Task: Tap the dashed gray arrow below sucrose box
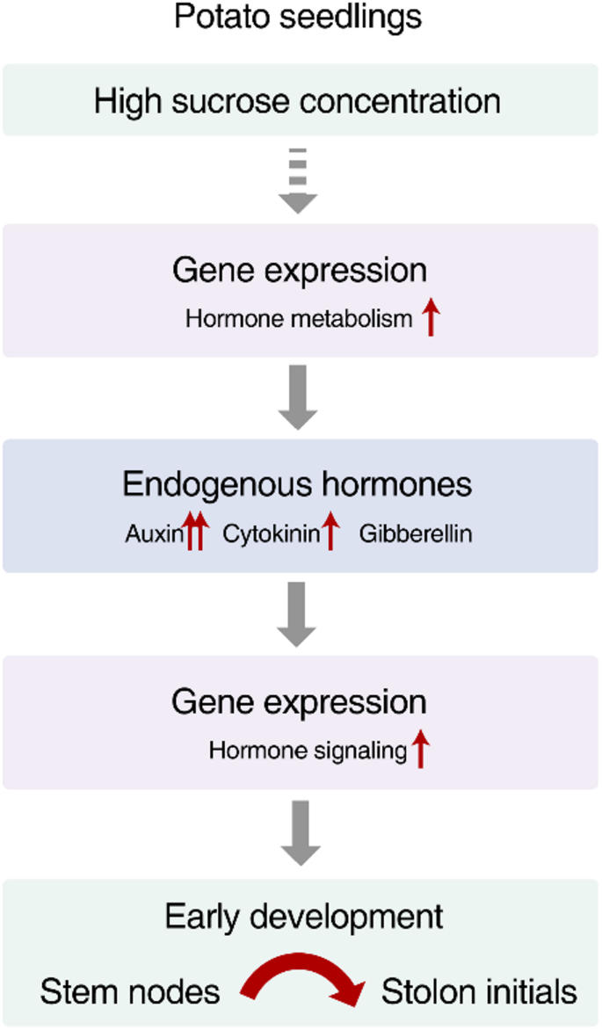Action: pos(298,181)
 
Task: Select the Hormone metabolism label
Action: pos(298,319)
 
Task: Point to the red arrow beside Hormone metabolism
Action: pos(430,316)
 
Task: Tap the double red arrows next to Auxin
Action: pos(196,532)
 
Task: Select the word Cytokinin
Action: pos(270,533)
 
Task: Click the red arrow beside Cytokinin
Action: pos(330,532)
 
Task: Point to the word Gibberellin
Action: pos(416,533)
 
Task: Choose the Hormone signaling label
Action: pos(308,751)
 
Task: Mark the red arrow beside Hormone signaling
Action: pos(420,750)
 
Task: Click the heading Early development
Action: pos(304,917)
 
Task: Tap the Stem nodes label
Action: pos(130,992)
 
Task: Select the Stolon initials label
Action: pos(479,992)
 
